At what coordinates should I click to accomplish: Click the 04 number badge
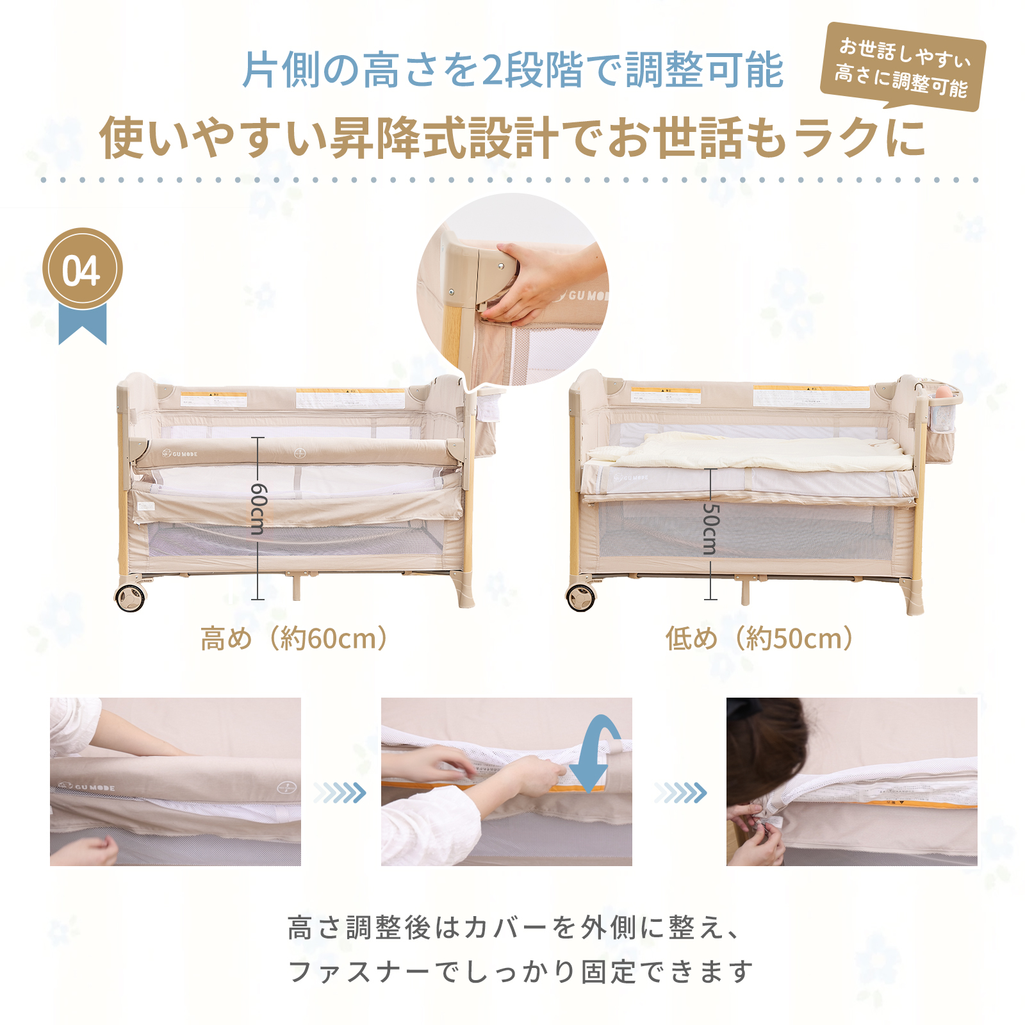pos(82,269)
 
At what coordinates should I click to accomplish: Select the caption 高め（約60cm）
pos(295,639)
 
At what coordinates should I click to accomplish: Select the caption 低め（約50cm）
pos(760,639)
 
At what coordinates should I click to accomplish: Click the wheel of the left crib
pos(131,598)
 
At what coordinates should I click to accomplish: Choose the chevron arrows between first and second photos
pos(340,793)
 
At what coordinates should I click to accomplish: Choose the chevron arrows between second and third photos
pos(680,793)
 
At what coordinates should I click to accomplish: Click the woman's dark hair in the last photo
pos(762,743)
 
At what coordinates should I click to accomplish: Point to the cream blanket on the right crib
pos(750,452)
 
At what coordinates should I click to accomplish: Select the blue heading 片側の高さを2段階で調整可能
pos(512,70)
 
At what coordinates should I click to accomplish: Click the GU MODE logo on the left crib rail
pos(180,454)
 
